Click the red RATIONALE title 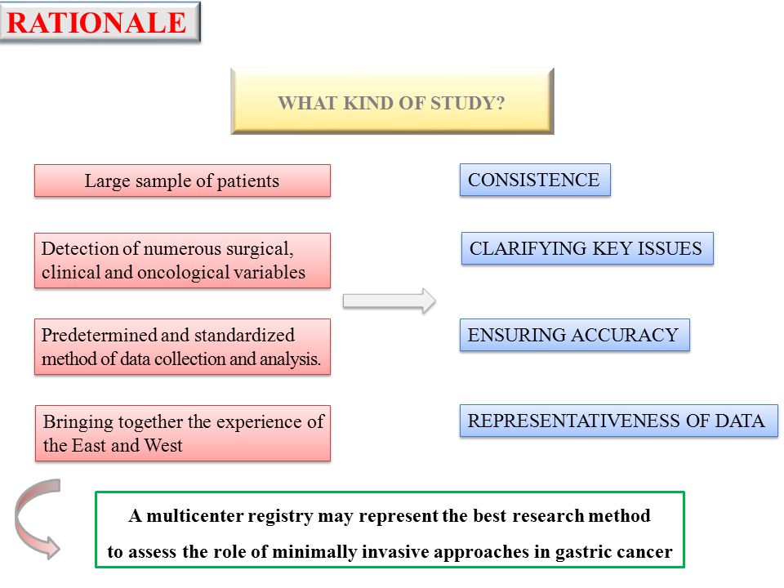pyautogui.click(x=96, y=23)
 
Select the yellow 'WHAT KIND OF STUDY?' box pyautogui.click(x=392, y=101)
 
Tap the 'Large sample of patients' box pyautogui.click(x=182, y=180)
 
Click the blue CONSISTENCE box pyautogui.click(x=535, y=180)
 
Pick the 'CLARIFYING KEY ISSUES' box pyautogui.click(x=587, y=248)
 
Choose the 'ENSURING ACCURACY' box pyautogui.click(x=574, y=335)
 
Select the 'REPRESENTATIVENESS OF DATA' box pyautogui.click(x=619, y=421)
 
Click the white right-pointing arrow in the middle pyautogui.click(x=389, y=301)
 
